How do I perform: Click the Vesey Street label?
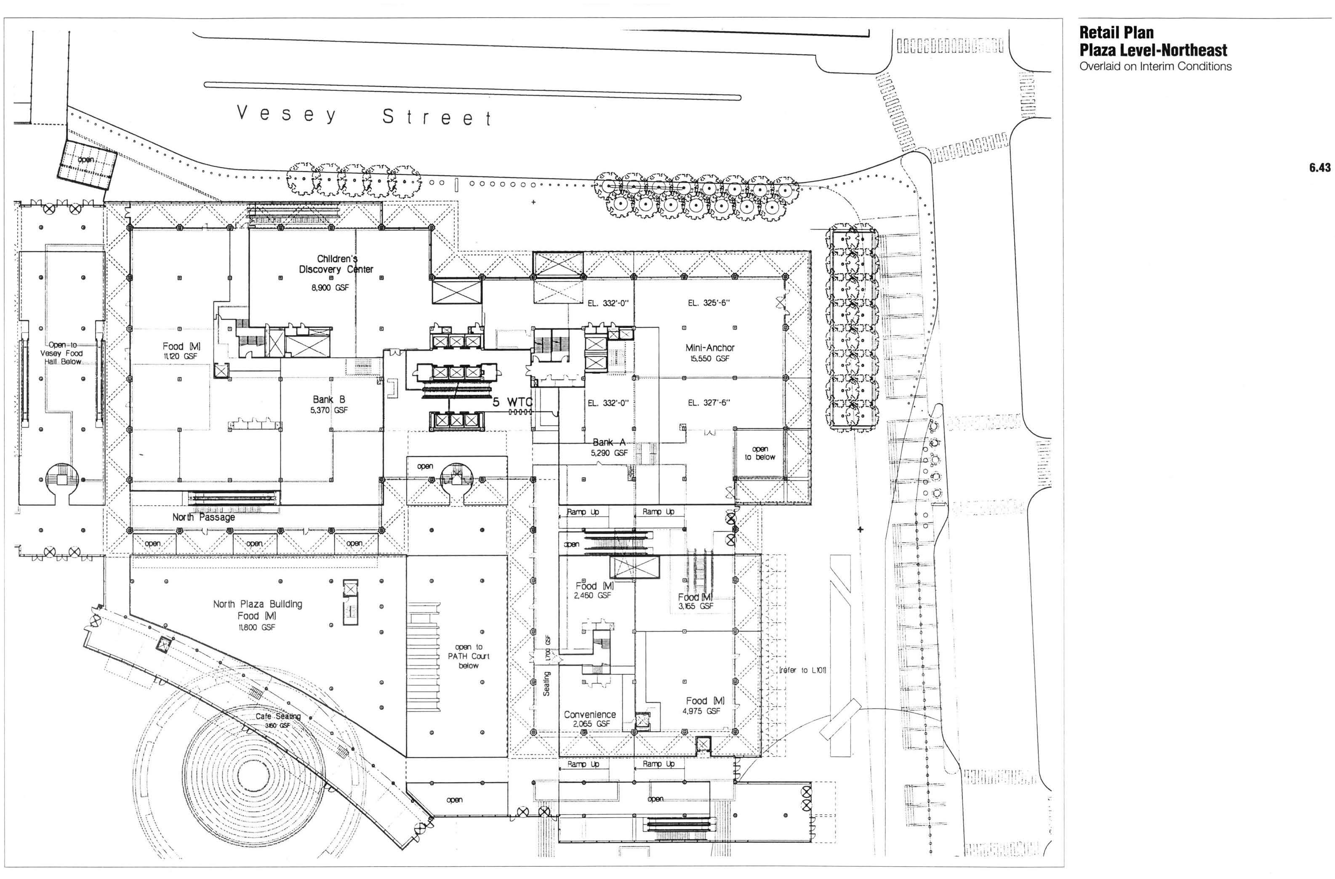click(x=364, y=115)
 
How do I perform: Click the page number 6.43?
click(x=1319, y=167)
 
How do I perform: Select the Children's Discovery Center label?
click(x=336, y=264)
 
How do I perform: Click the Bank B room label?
click(x=329, y=400)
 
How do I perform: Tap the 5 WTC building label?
click(x=512, y=402)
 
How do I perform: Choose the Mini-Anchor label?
click(x=709, y=348)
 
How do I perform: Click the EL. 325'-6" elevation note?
click(x=709, y=303)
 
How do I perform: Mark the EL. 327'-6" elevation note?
click(x=709, y=403)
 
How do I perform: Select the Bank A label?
click(x=609, y=442)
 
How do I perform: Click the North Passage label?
click(x=204, y=517)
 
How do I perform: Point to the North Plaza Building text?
click(x=258, y=604)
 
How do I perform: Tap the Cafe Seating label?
click(x=278, y=717)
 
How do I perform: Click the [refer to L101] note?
click(x=803, y=670)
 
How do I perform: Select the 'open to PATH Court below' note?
click(x=469, y=656)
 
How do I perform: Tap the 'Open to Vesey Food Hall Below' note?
click(x=61, y=353)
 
